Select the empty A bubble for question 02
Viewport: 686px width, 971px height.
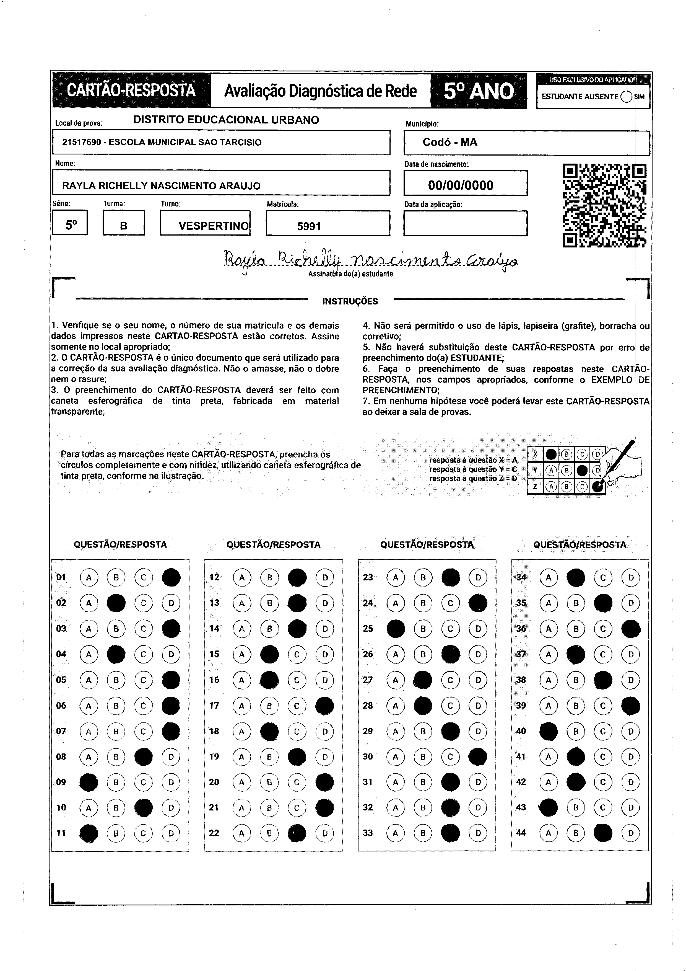(x=89, y=603)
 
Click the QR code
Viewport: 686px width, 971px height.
(x=605, y=206)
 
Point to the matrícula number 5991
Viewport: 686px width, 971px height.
(x=309, y=226)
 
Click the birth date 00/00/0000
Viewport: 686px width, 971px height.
(x=461, y=185)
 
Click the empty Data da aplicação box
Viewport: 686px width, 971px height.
(x=465, y=223)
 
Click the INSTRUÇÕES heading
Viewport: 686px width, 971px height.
(x=350, y=301)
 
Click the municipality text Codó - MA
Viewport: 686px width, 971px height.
(x=450, y=142)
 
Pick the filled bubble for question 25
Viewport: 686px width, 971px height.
(x=396, y=629)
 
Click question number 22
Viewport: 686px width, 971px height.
(x=214, y=833)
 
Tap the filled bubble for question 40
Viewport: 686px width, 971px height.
(x=549, y=731)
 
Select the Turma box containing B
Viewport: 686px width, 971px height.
(x=123, y=223)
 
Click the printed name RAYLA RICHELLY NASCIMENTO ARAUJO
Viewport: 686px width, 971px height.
(x=162, y=186)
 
